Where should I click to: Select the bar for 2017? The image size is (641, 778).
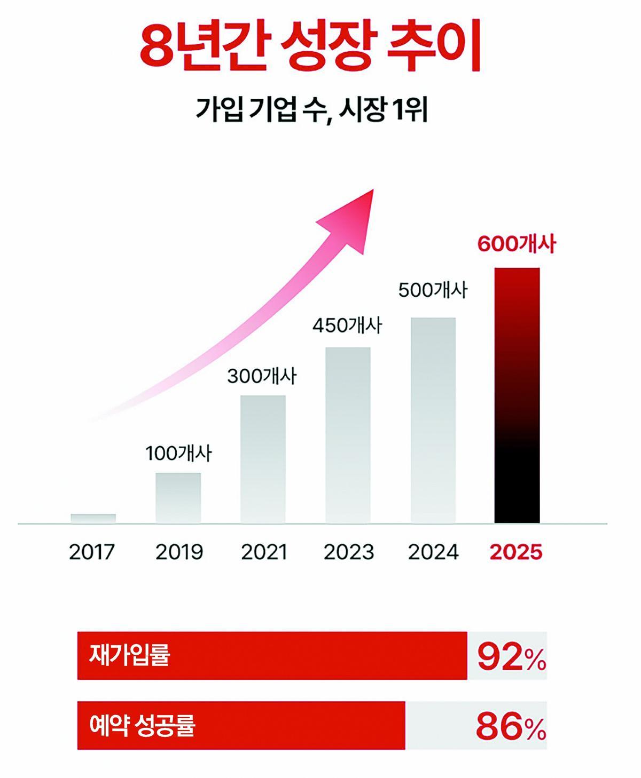click(x=93, y=518)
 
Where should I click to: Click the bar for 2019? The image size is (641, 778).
click(x=178, y=497)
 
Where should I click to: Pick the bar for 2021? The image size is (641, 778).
click(x=263, y=459)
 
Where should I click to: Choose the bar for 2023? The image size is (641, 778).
click(x=348, y=435)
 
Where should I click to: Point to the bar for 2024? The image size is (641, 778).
click(x=433, y=420)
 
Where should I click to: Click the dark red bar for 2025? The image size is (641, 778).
click(x=517, y=395)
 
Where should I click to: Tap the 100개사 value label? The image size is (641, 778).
click(x=179, y=454)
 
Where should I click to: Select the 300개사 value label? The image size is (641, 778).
click(x=262, y=376)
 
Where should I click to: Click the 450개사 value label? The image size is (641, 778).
click(x=347, y=326)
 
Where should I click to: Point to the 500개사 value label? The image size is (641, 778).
click(x=433, y=291)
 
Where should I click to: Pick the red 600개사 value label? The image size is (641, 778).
click(x=517, y=244)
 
